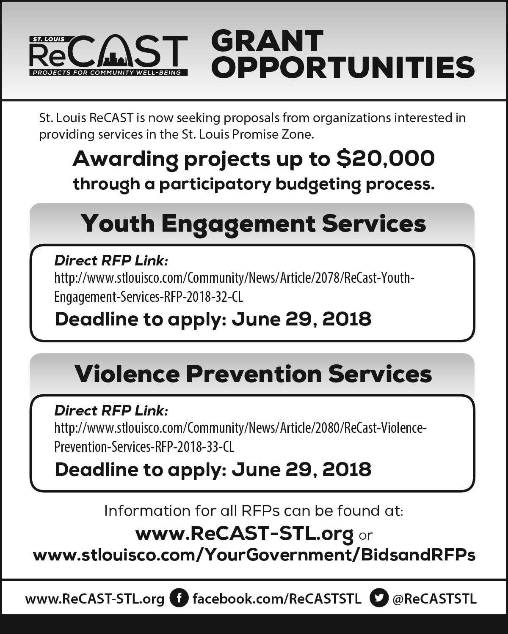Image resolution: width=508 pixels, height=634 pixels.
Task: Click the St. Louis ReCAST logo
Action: tap(108, 55)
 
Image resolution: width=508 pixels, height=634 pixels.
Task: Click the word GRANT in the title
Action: tap(267, 41)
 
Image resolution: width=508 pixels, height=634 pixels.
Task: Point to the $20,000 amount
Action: tap(385, 159)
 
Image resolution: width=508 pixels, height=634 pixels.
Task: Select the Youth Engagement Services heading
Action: tap(253, 223)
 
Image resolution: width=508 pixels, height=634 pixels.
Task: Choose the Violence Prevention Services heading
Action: tap(253, 374)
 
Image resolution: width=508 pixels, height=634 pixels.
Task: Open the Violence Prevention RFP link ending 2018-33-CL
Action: tap(144, 447)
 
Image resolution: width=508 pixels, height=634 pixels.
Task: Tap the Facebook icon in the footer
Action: tap(179, 598)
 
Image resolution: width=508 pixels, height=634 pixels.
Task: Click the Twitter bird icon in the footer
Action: tap(379, 598)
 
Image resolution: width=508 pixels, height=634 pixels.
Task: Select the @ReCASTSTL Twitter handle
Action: tap(434, 598)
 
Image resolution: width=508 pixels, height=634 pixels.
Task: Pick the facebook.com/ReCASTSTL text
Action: tap(277, 598)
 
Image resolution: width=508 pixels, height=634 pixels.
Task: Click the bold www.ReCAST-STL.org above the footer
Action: tap(244, 534)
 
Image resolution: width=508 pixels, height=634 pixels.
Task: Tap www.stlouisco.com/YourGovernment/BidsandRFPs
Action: tap(254, 555)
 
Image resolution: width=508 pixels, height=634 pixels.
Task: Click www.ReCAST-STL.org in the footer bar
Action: tap(95, 598)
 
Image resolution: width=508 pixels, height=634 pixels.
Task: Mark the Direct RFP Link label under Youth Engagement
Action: tap(111, 260)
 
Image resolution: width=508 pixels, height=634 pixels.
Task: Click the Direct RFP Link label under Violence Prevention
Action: tap(111, 410)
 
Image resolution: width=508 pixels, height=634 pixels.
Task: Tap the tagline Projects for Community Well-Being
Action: tap(108, 72)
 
